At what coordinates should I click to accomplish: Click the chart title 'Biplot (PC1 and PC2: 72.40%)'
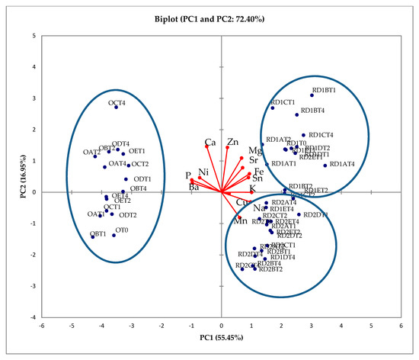pos(221,15)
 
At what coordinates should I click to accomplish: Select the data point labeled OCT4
pos(117,107)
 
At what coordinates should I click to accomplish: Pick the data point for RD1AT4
pos(325,166)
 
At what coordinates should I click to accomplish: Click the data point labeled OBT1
pos(93,237)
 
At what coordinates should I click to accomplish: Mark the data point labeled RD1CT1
pos(273,108)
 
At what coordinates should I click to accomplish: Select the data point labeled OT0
pos(114,235)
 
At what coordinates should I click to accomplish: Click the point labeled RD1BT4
pos(297,115)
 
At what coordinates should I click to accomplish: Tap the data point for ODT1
pos(126,179)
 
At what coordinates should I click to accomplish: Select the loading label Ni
pos(203,172)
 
